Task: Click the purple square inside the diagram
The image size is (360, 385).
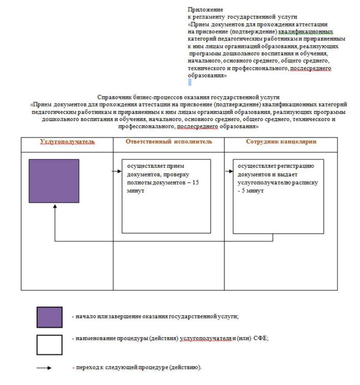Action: pos(54,181)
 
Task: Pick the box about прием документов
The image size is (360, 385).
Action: pos(166,196)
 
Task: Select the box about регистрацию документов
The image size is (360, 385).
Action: pos(278,196)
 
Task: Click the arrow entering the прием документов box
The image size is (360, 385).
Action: pos(117,171)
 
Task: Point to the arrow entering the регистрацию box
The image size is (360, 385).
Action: pos(229,171)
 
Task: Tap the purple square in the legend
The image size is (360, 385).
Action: pos(49,317)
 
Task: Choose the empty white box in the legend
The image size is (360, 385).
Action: pos(49,345)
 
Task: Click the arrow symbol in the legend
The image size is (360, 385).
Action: pos(45,368)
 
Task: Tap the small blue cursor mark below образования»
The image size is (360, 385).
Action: pos(190,82)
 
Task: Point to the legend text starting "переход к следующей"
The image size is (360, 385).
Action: pos(136,368)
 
